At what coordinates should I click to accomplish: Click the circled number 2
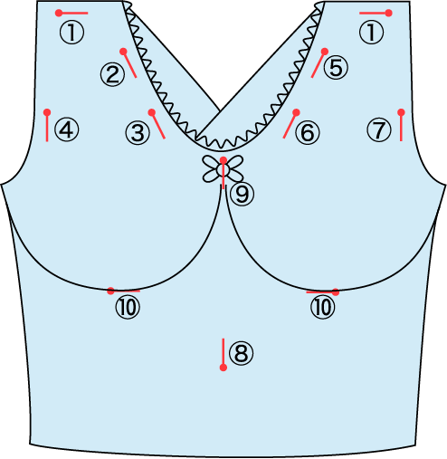(112, 74)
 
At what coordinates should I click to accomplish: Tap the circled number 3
(138, 133)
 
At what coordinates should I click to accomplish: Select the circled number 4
(66, 130)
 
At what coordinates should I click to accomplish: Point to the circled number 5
(336, 68)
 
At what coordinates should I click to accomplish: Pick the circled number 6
(308, 132)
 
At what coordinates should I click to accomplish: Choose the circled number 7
(379, 130)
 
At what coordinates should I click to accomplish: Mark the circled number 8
(241, 353)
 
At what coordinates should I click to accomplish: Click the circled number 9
(242, 195)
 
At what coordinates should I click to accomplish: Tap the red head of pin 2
(123, 52)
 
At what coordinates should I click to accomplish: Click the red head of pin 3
(152, 113)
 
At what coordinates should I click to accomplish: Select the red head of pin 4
(47, 112)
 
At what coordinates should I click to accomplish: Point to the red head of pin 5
(325, 52)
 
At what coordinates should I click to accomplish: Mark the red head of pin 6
(296, 112)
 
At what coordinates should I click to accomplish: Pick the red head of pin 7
(401, 112)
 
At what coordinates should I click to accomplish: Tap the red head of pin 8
(223, 368)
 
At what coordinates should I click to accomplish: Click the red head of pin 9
(223, 160)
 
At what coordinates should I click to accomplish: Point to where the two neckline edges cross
(220, 111)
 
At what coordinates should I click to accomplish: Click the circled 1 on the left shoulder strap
(71, 33)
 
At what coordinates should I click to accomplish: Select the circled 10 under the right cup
(322, 308)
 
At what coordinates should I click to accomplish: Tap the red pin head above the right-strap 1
(389, 13)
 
